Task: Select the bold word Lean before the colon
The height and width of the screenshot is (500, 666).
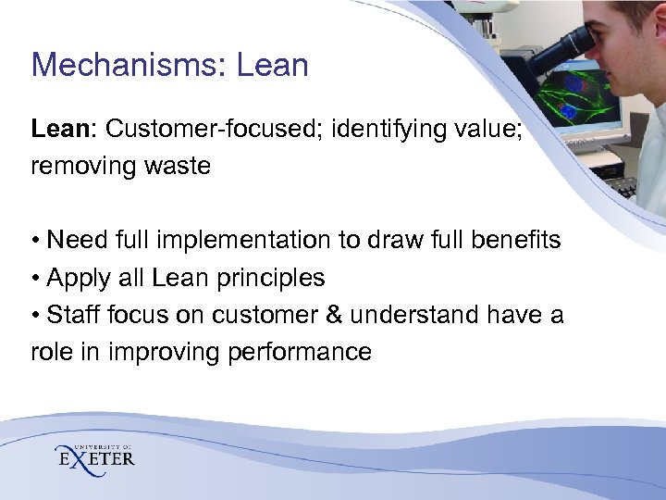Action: pos(59,129)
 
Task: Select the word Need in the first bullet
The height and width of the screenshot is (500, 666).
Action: pos(77,240)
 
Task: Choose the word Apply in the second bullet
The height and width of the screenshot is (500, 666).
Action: pos(77,278)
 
